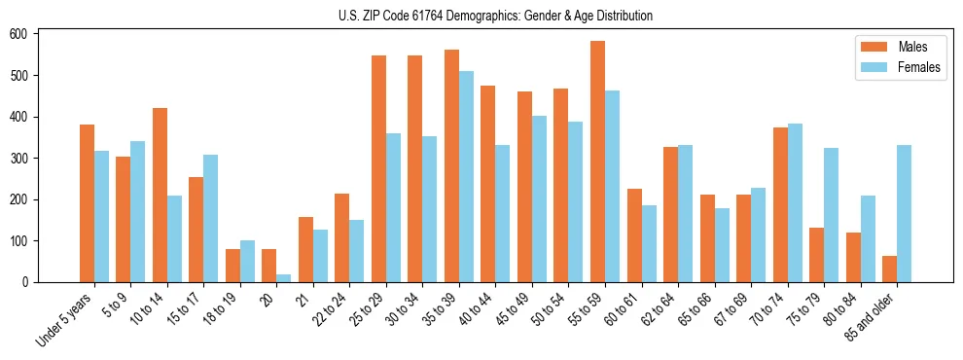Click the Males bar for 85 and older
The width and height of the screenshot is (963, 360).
[889, 270]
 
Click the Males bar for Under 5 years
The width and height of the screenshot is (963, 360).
[87, 229]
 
